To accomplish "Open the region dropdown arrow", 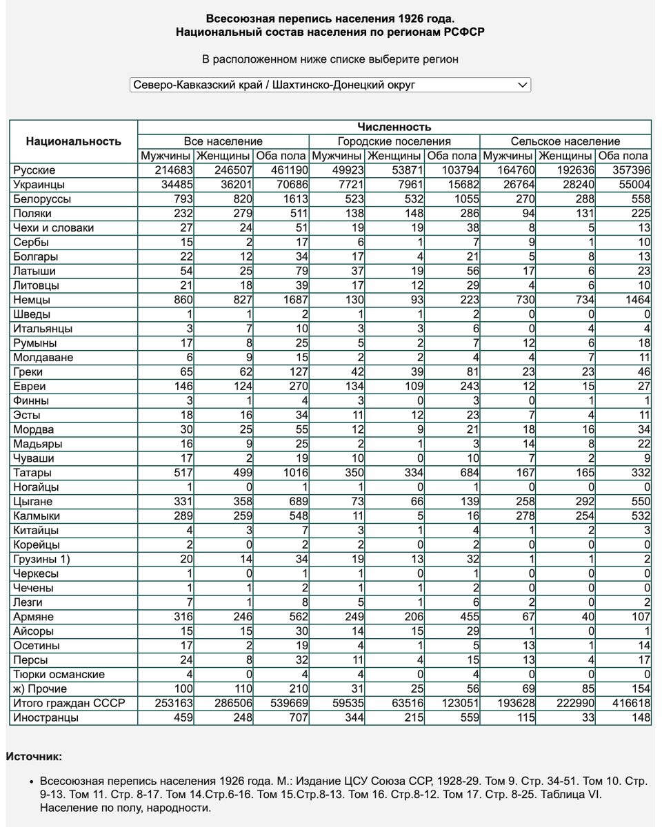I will tap(523, 85).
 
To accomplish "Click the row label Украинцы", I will tap(39, 185).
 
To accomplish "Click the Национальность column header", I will tap(73, 141).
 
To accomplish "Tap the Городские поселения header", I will tap(394, 141).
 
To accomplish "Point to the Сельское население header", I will tap(565, 141).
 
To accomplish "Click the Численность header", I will tap(394, 127).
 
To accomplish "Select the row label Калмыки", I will tap(37, 516).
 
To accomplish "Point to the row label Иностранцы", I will tap(46, 718).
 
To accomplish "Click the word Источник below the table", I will tap(34, 757).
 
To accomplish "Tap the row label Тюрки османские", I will tap(59, 675).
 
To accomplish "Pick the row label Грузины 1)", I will tap(42, 560).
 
